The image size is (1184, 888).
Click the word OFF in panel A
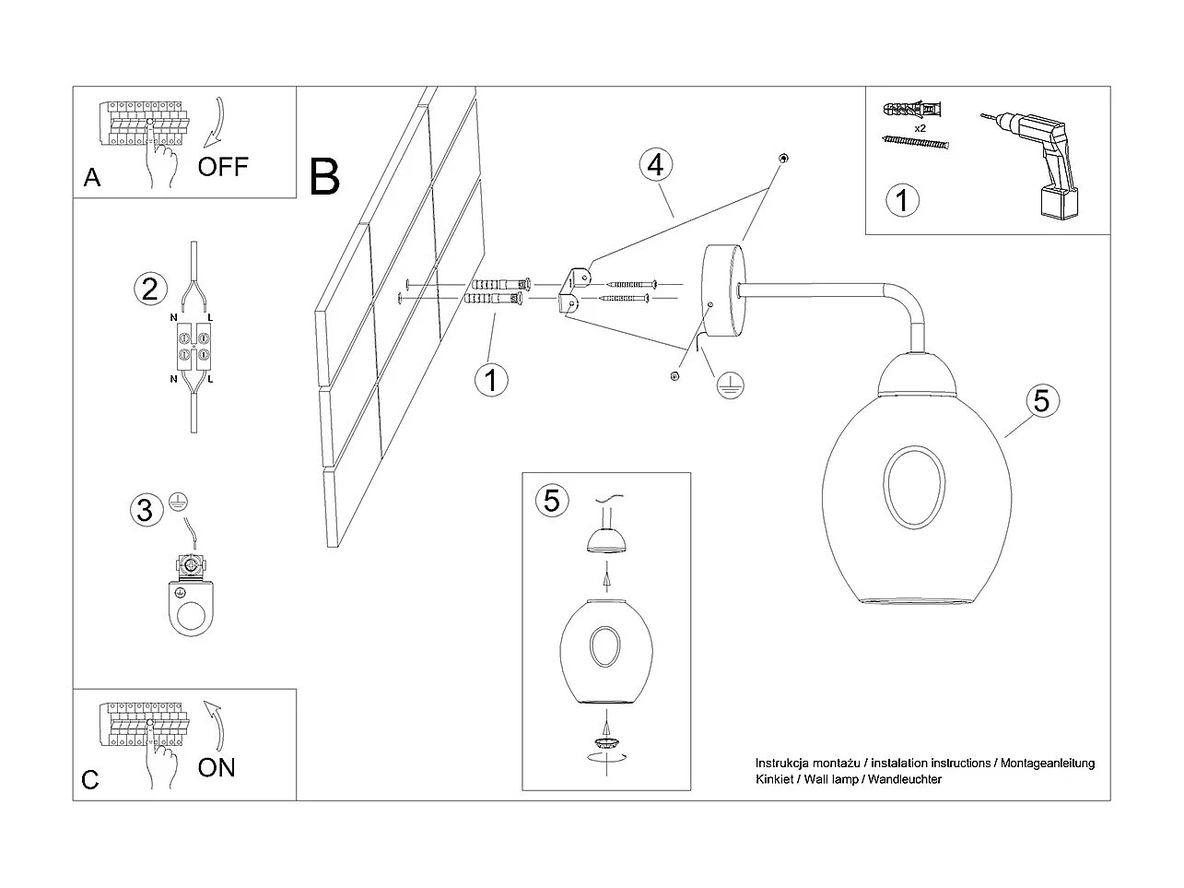click(x=223, y=167)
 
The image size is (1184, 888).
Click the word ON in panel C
click(x=217, y=767)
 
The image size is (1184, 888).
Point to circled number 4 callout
click(x=654, y=165)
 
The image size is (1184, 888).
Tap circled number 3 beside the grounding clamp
click(x=145, y=509)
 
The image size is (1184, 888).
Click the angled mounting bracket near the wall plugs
click(x=572, y=288)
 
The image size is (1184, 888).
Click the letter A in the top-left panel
click(x=92, y=178)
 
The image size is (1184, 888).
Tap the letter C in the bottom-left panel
click(x=90, y=780)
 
